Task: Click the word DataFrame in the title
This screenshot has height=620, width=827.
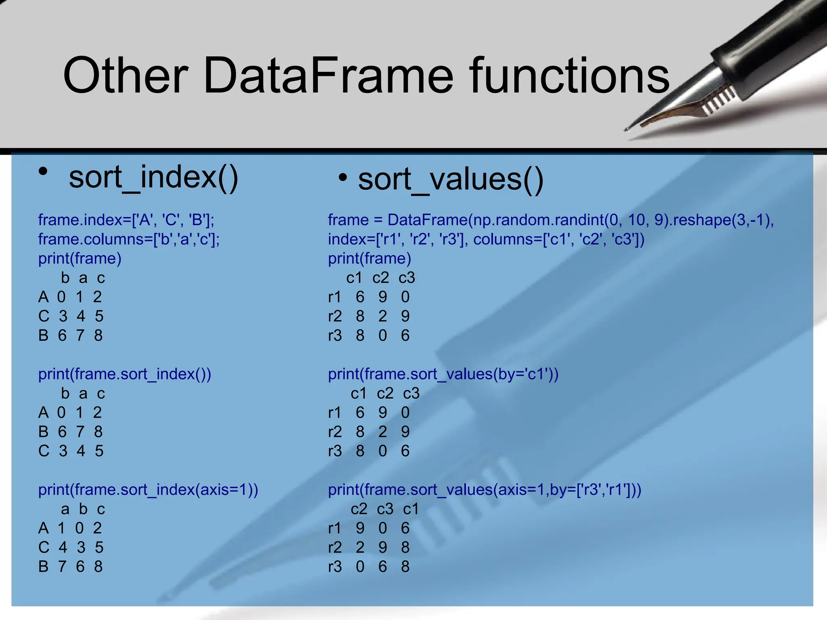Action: pyautogui.click(x=329, y=76)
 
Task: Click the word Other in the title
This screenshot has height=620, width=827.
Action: pyautogui.click(x=125, y=76)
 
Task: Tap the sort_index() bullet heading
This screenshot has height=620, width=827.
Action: pyautogui.click(x=153, y=178)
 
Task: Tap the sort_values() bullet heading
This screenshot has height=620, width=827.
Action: pyautogui.click(x=451, y=180)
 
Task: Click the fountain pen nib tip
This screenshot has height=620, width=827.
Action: pyautogui.click(x=627, y=130)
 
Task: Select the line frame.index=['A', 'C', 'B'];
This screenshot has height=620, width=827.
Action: pyautogui.click(x=126, y=220)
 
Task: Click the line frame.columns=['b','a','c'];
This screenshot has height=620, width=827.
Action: pyautogui.click(x=129, y=239)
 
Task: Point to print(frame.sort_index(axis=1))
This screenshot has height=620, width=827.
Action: pyautogui.click(x=148, y=490)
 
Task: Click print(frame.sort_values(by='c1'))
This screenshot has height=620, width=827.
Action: pyautogui.click(x=443, y=374)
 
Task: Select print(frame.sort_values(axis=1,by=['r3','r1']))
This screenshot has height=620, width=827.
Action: pyautogui.click(x=484, y=490)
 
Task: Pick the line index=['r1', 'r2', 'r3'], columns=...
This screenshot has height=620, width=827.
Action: pyautogui.click(x=486, y=239)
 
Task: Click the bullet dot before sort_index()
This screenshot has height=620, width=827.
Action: pyautogui.click(x=43, y=172)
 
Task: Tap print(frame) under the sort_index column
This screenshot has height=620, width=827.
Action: pyautogui.click(x=80, y=258)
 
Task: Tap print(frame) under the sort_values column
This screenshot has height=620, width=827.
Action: pyautogui.click(x=369, y=258)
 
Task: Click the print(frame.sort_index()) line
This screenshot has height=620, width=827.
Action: pyautogui.click(x=124, y=374)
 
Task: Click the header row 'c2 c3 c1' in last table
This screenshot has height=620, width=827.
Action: pyautogui.click(x=385, y=509)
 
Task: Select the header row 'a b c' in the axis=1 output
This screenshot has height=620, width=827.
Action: pyautogui.click(x=83, y=509)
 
